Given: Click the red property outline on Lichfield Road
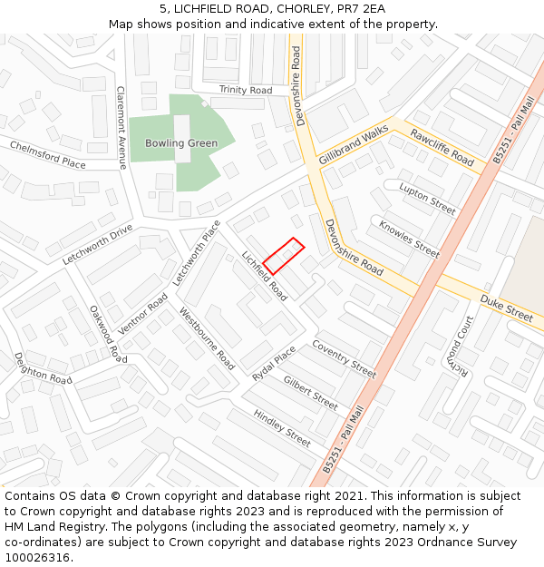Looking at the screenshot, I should (x=284, y=256).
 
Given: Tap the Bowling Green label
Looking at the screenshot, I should (x=181, y=143).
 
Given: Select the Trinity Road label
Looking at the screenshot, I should (x=245, y=91).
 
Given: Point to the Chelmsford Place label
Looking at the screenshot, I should (x=48, y=154).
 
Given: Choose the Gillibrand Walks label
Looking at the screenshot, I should (x=354, y=145).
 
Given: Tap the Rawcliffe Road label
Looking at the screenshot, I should (x=442, y=147).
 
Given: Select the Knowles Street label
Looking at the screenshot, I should (x=409, y=239).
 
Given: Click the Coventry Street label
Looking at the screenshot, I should (x=344, y=358).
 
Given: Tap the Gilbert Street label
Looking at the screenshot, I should (x=310, y=392).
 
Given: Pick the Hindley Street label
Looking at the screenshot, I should (x=282, y=427).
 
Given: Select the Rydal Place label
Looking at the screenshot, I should (x=274, y=362).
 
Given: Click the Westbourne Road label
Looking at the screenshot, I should (x=208, y=338).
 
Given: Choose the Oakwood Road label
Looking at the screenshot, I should (x=108, y=333).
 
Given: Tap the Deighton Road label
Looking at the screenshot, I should (x=43, y=368).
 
